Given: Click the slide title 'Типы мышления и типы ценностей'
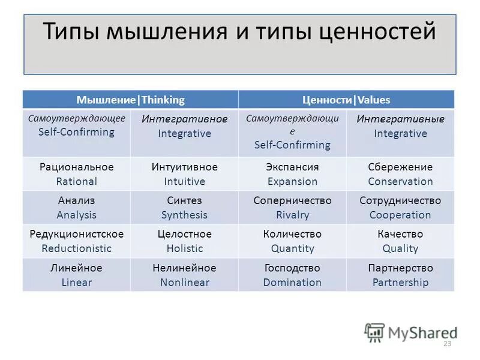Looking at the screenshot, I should pos(240,31).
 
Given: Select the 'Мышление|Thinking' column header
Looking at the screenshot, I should pos(130,100).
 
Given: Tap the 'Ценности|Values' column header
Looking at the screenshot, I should pos(346,100).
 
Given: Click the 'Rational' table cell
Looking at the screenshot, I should pos(76,174).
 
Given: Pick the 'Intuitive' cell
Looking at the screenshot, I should pos(184,174).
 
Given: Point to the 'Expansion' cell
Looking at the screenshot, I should pos(292,174).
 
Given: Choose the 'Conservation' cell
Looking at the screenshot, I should pos(400,174).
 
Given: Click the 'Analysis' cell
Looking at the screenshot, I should pos(76,208).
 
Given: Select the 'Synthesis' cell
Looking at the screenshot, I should pos(184,208).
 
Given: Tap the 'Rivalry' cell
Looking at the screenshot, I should pos(292,208).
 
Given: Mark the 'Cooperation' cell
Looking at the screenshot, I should pos(400,208).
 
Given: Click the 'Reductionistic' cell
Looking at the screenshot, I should pos(76,241).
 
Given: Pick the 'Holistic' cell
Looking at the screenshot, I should pos(184,241).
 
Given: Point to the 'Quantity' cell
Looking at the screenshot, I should pos(292,241).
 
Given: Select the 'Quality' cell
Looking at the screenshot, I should pos(400,241).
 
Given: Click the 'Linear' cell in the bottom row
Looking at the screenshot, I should pos(76,275).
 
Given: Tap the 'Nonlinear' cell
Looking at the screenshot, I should pos(184,275).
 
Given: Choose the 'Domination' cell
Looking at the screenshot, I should pos(292,275).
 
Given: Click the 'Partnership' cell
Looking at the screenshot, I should pos(400,275).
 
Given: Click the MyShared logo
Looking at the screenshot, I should pos(411,332).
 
